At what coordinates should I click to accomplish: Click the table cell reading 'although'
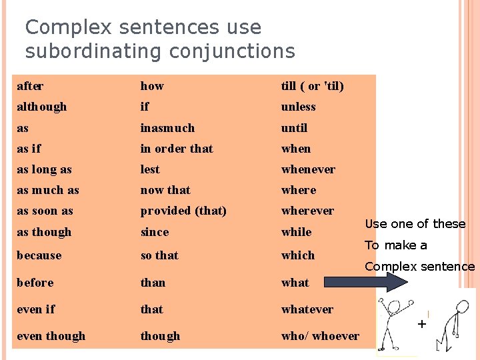[42, 107]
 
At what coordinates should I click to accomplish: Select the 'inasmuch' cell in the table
[167, 128]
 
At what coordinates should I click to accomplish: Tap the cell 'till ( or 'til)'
[313, 86]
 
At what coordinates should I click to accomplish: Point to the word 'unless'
[299, 107]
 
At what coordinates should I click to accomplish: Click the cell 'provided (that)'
[183, 211]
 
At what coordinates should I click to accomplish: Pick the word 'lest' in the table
[150, 169]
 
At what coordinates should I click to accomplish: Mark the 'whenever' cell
[308, 169]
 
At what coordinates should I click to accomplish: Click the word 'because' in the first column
[39, 255]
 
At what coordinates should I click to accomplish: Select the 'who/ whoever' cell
[320, 336]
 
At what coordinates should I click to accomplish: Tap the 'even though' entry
[51, 336]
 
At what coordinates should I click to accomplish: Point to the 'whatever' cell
[307, 309]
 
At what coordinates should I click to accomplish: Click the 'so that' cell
[159, 255]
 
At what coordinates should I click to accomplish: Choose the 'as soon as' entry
[45, 211]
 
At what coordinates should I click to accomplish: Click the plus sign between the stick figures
[421, 325]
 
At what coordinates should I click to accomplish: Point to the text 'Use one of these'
[415, 224]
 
